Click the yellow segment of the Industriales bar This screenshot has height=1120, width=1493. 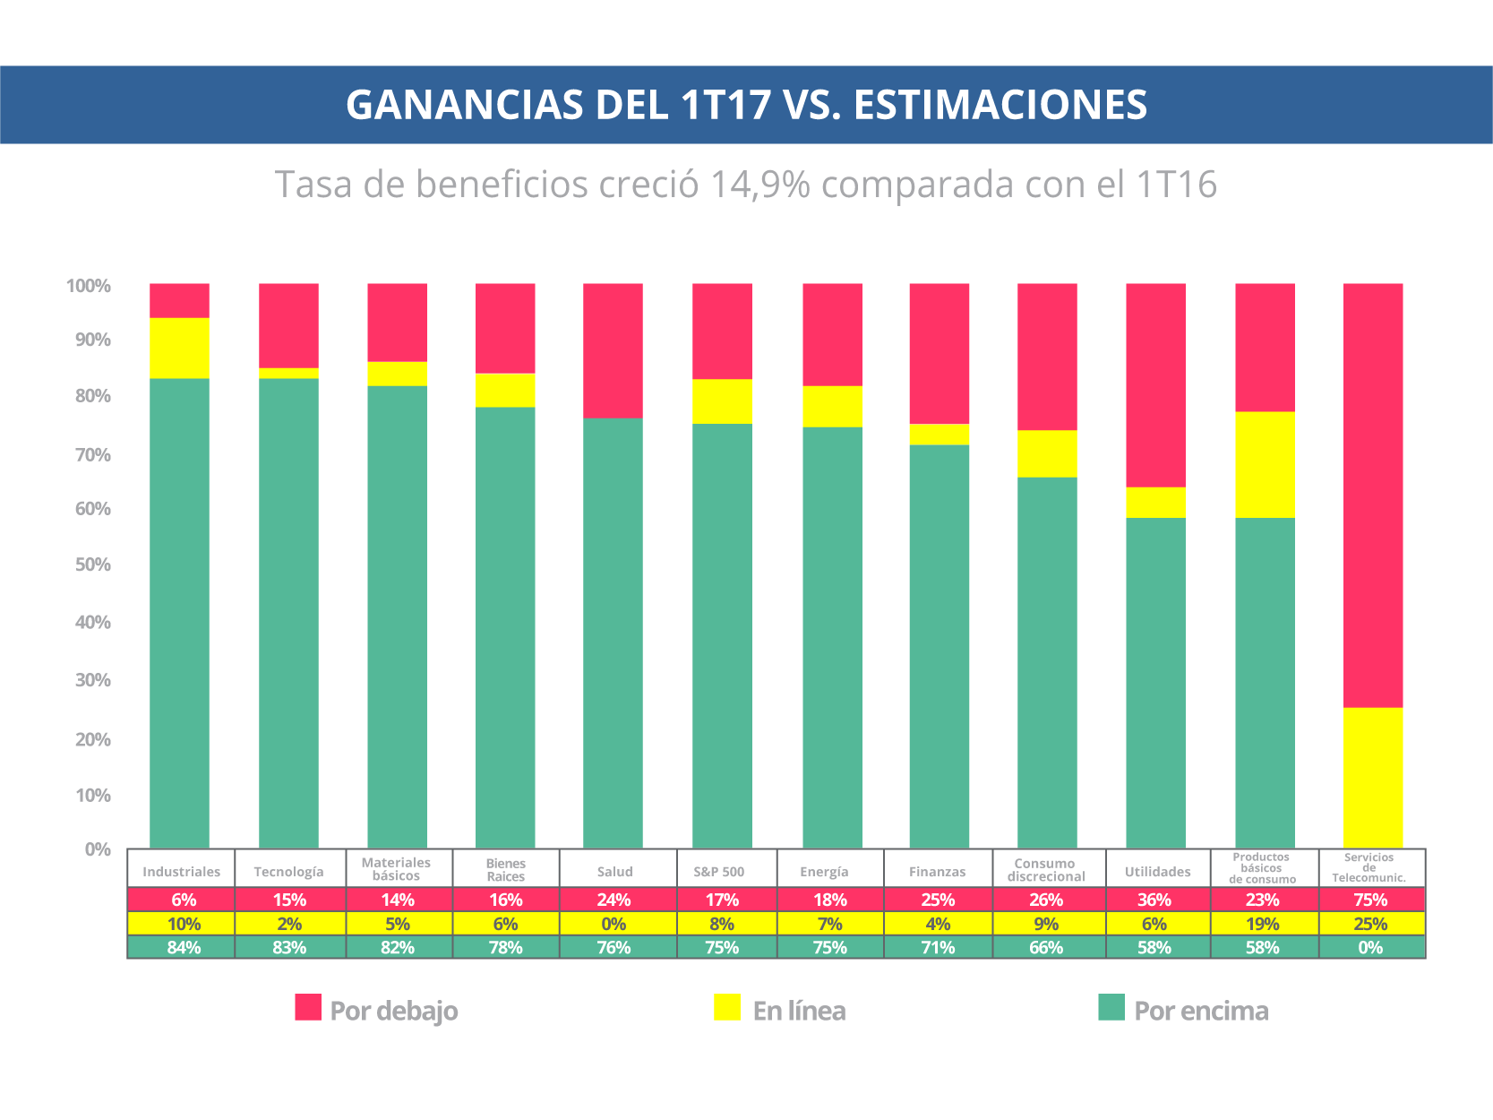pos(179,348)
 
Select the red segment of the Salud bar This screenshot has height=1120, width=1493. pos(613,350)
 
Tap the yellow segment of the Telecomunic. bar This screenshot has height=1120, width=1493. pos(1372,778)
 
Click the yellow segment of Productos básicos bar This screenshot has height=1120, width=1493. pos(1265,464)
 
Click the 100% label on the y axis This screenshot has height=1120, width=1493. pos(89,286)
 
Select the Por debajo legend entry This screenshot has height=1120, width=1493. pos(376,1010)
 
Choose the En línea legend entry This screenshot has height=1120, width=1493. pos(779,1010)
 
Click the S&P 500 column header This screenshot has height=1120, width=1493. pos(719,871)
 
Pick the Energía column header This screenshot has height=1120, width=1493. pos(824,871)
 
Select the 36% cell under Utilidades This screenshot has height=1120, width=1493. pos(1154,900)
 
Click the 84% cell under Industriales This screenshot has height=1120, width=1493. pos(184,947)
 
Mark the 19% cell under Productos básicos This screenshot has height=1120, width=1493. pos(1262,924)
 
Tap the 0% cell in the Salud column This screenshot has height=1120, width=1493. pos(614,924)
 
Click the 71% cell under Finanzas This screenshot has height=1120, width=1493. pos(938,947)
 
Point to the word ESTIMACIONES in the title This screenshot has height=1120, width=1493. pos(1000,105)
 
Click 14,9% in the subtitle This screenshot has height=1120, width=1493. pos(760,185)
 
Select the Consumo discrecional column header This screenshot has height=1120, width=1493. pos(1045,870)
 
